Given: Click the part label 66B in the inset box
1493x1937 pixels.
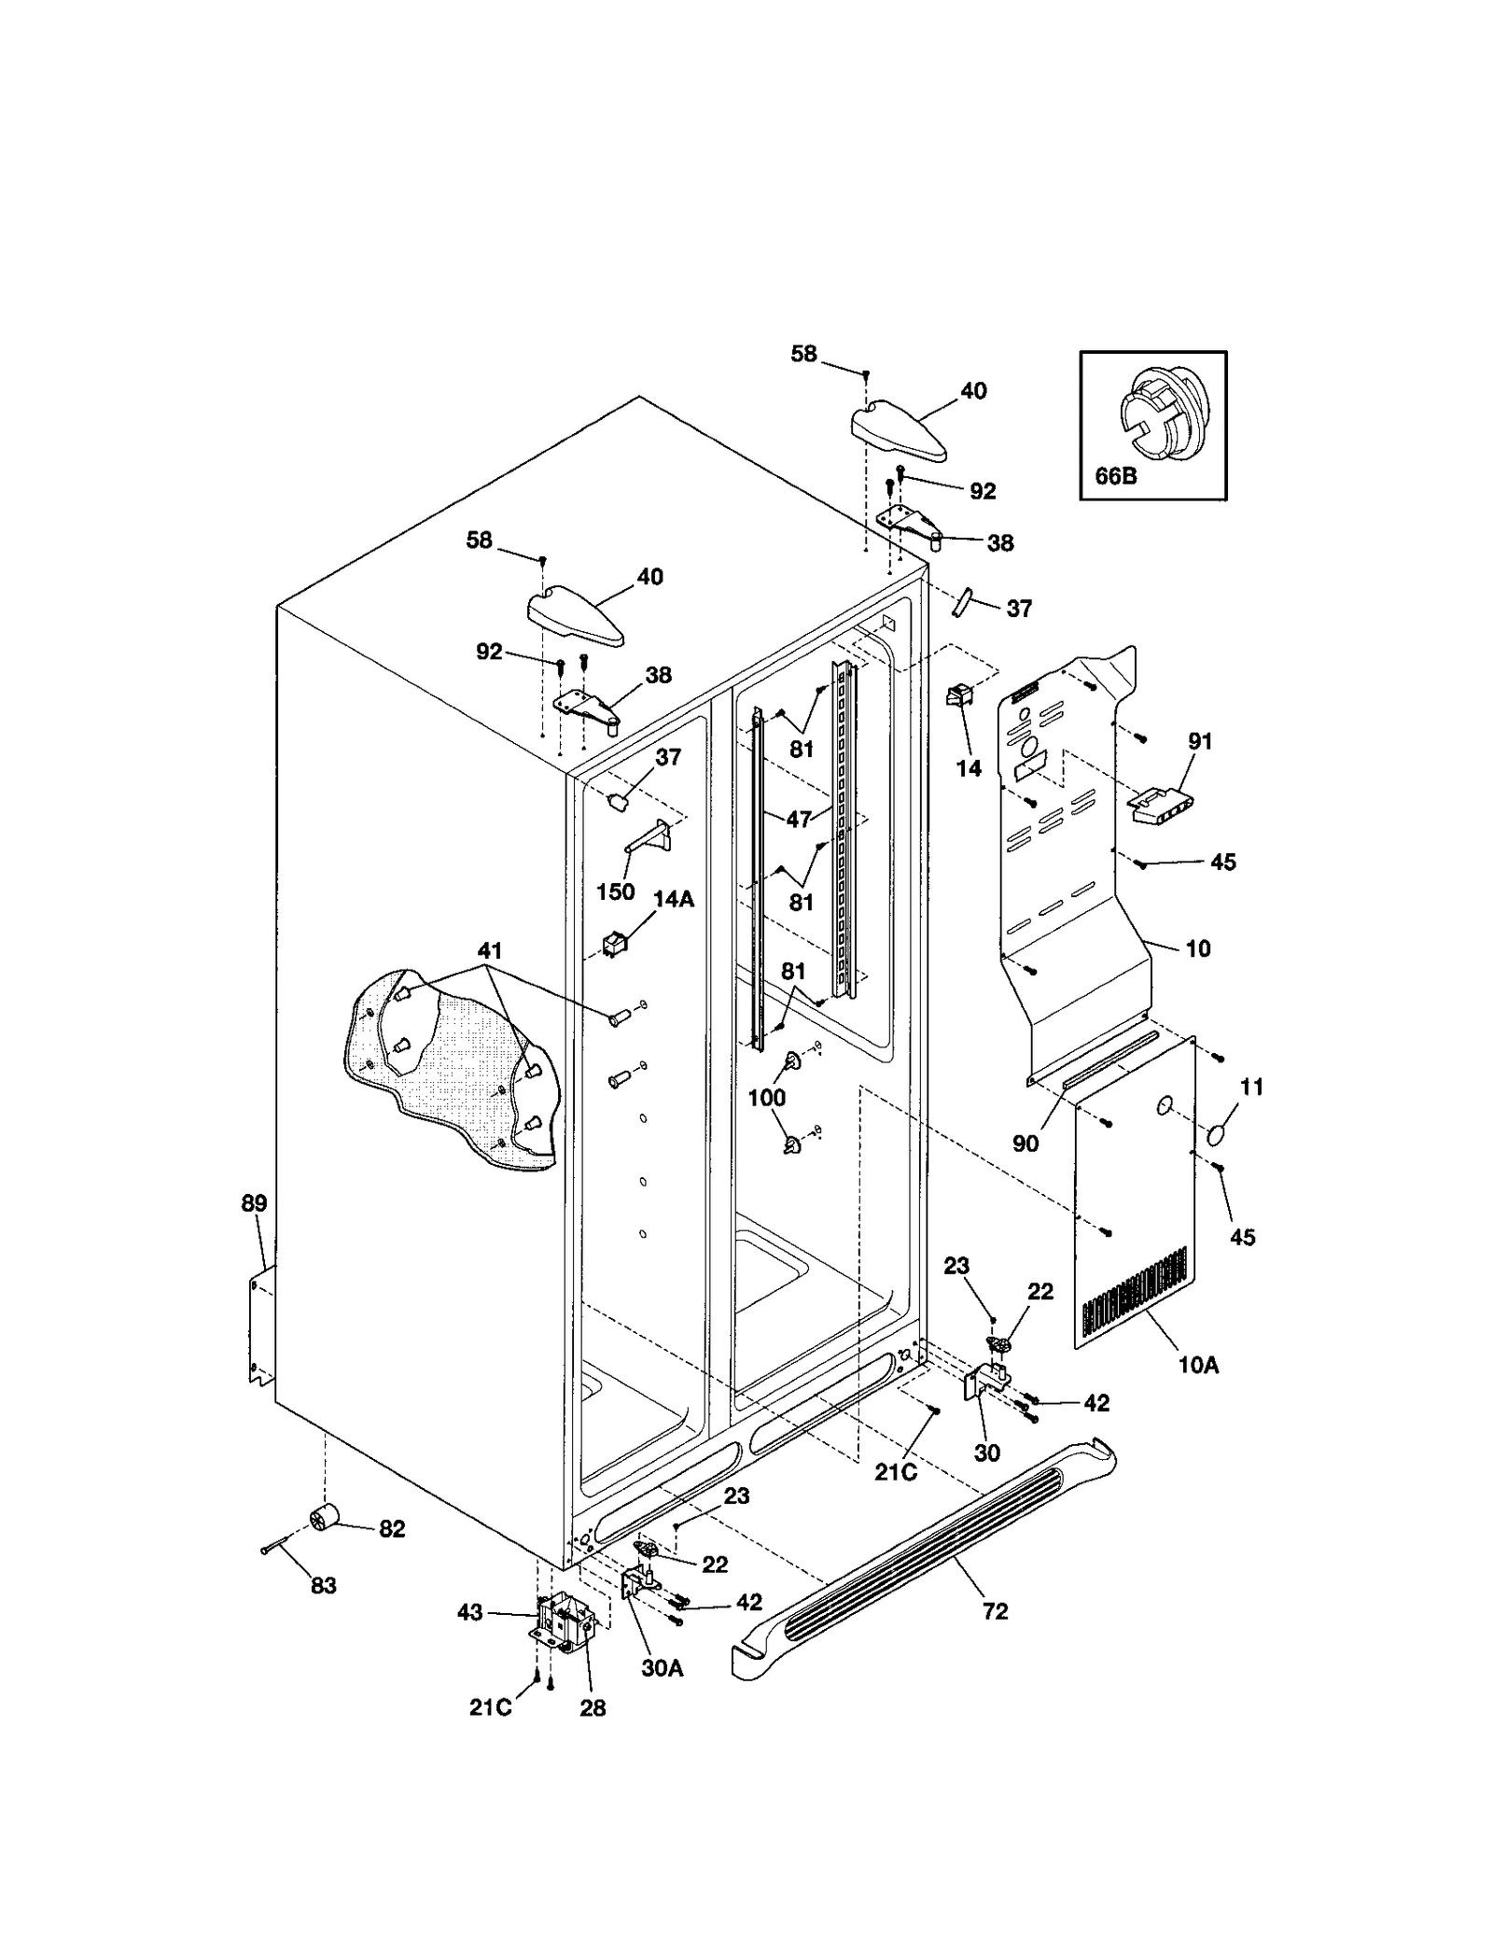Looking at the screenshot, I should pos(1115,476).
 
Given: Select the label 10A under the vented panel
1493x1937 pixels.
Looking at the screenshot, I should pos(1199,1365).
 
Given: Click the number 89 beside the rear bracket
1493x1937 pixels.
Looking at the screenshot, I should pos(254,1203).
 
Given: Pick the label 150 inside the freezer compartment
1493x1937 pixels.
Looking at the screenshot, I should pos(615,891).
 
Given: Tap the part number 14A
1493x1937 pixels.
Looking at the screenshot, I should pos(673,900).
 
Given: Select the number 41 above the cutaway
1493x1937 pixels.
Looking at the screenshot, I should pos(490,950).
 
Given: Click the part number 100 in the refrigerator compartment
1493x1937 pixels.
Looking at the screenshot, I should pos(767,1098).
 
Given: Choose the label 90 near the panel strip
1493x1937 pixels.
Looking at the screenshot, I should pos(1026,1143).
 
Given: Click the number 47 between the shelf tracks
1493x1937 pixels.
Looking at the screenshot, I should pos(799,820).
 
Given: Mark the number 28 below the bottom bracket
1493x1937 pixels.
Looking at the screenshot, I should pos(593,1707).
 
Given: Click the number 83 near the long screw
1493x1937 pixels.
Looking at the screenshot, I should pos(323,1585).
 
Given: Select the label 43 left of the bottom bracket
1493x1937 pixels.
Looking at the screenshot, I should pos(469,1612).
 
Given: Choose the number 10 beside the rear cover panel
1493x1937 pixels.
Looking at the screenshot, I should pos(1198,948).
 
